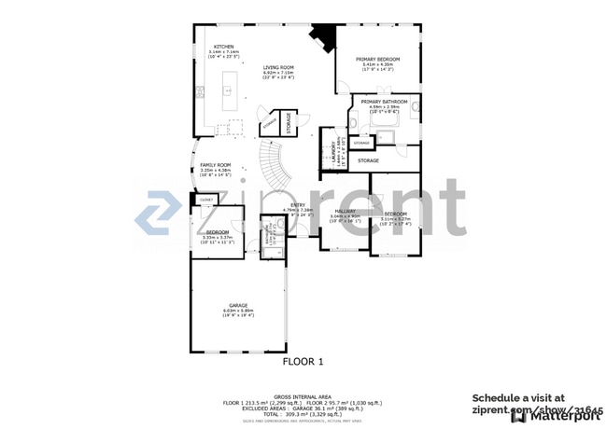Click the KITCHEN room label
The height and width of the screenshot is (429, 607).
(x=223, y=46)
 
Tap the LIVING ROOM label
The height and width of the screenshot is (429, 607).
(x=278, y=67)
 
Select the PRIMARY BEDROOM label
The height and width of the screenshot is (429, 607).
(x=378, y=59)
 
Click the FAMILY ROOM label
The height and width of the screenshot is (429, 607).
(x=216, y=165)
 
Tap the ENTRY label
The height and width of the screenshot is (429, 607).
(x=297, y=205)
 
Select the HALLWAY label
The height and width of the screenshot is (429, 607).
(x=346, y=212)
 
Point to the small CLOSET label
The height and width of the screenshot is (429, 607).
(x=205, y=200)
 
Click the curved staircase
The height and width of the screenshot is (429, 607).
(x=273, y=168)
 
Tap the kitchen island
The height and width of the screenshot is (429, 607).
(x=225, y=93)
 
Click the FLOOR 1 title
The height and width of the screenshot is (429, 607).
(x=303, y=361)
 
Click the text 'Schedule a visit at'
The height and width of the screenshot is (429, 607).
(x=517, y=396)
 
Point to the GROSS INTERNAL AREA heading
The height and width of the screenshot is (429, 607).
(x=303, y=396)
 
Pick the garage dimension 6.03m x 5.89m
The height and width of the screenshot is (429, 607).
(x=238, y=311)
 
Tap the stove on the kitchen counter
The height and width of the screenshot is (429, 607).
(x=200, y=90)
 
